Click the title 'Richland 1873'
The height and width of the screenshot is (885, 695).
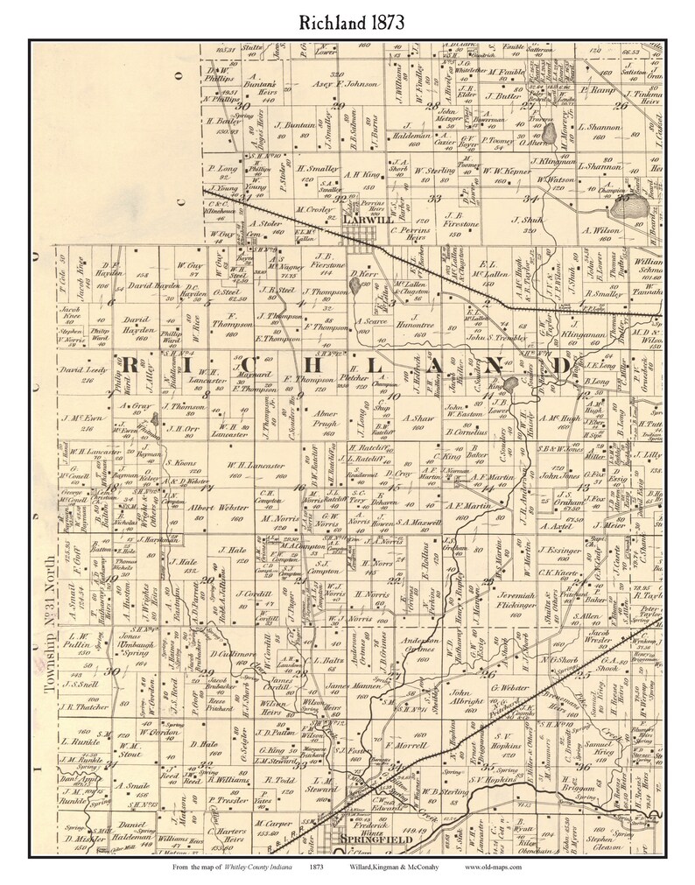[x=347, y=21]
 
